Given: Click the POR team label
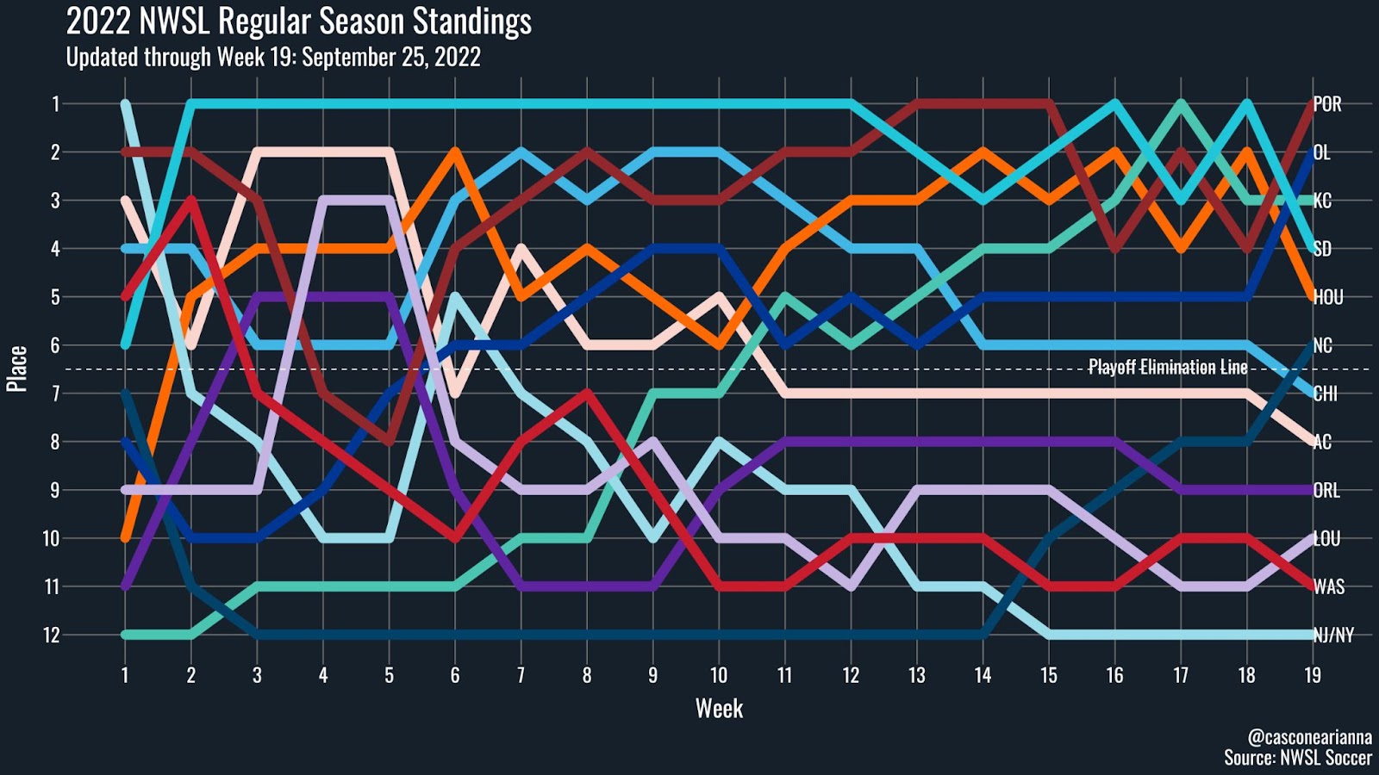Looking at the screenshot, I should pos(1327,104).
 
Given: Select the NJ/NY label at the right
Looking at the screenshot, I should pos(1333,635).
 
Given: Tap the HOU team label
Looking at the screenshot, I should pos(1328,297).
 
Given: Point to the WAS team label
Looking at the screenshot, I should pos(1328,587).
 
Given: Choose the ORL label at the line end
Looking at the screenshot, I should pos(1326,491).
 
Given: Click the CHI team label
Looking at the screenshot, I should pos(1326,394).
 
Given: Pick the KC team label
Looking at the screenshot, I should pos(1323,201).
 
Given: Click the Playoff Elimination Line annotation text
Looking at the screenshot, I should pos(1167,368).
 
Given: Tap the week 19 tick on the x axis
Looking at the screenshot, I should pos(1312,675).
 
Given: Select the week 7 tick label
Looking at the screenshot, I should pos(521,675).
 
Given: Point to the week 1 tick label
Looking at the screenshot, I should pos(125,675).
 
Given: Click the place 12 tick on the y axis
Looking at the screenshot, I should pos(52,635).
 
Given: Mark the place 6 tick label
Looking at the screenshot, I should pos(55,345).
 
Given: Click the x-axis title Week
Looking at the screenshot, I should pos(719,709).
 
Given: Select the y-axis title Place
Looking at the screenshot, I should pos(17,369).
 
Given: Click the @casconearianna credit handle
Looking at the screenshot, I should pos(1309,737).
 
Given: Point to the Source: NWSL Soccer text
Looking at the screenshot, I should pos(1297,758).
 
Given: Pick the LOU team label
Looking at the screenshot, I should pos(1326,539).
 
